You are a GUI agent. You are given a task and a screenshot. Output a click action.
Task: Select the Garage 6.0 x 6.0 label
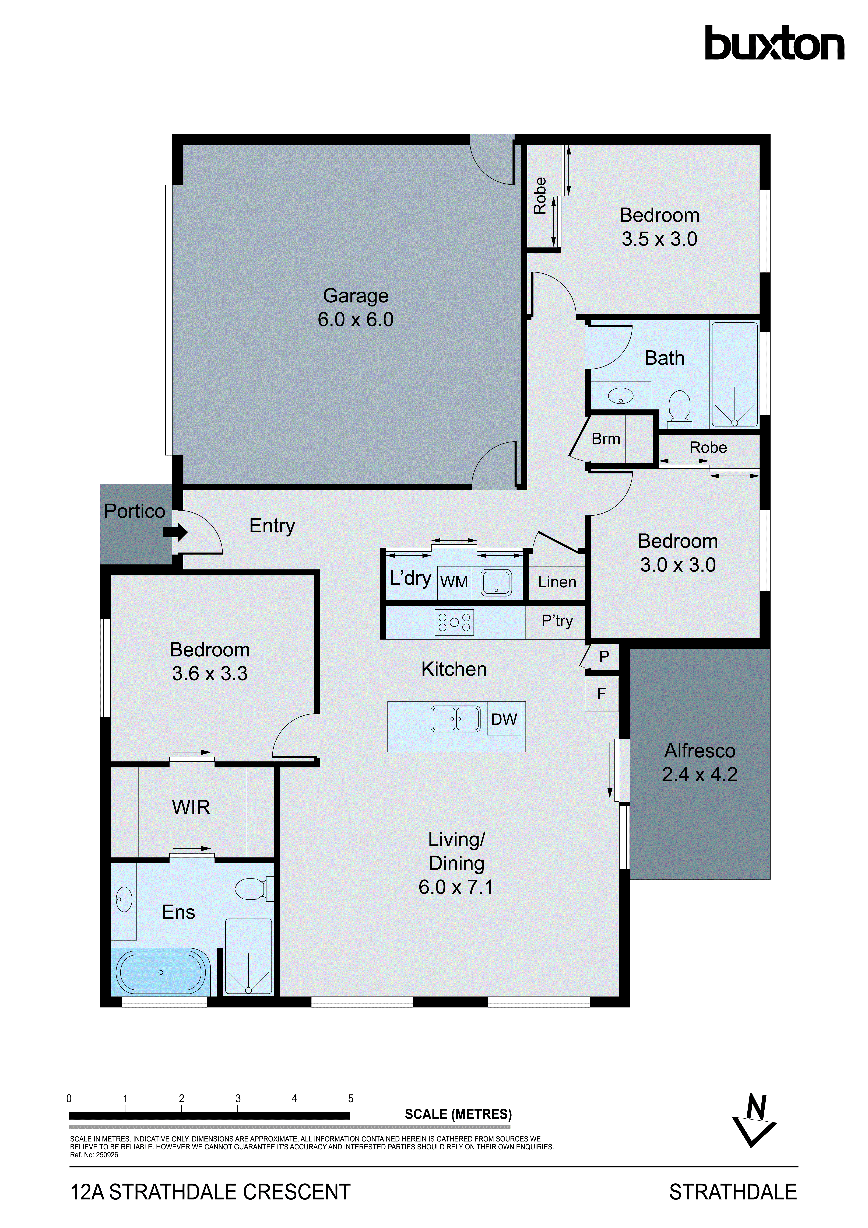356,308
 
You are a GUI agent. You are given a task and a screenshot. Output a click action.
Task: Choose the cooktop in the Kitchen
454,622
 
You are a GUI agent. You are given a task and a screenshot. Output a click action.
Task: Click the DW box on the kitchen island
504,719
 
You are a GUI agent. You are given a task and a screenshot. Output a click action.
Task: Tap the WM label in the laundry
454,582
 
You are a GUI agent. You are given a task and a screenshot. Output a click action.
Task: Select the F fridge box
602,694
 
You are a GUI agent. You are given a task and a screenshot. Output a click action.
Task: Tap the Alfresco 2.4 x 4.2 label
700,763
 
